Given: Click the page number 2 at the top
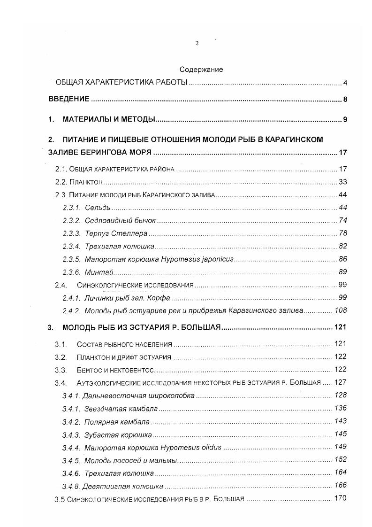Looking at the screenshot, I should click(197, 43).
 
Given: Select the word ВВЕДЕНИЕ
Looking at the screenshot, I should click(69, 100).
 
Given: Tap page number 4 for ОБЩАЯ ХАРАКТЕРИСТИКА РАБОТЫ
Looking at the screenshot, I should click(345, 84).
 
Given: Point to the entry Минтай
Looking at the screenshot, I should click(99, 272).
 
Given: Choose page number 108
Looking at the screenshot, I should click(340, 310).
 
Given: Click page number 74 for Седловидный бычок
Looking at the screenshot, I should click(342, 221).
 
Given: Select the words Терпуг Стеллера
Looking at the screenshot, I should click(116, 233).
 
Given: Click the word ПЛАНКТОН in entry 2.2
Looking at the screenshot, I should click(86, 182).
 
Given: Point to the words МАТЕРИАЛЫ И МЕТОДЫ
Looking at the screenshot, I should click(109, 120).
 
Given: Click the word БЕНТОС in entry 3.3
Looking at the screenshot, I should click(89, 370).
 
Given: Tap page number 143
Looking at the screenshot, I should click(340, 421).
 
